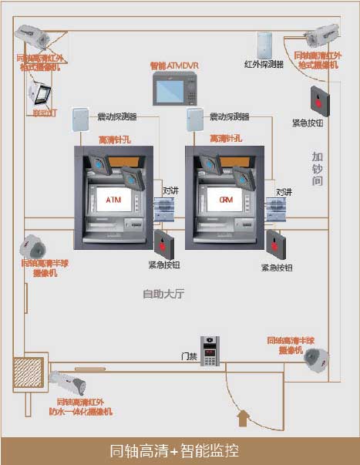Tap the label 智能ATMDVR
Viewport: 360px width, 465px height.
tap(173, 66)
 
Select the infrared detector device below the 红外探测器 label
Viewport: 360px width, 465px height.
tap(265, 44)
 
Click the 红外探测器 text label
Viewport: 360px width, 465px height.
tap(264, 64)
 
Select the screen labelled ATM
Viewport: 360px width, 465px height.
tap(113, 200)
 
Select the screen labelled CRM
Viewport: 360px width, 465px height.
tap(225, 200)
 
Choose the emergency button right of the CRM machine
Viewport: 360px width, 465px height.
tap(276, 244)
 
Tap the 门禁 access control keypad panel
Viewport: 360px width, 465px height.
tap(211, 351)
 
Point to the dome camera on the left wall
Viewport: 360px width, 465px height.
tap(33, 247)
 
